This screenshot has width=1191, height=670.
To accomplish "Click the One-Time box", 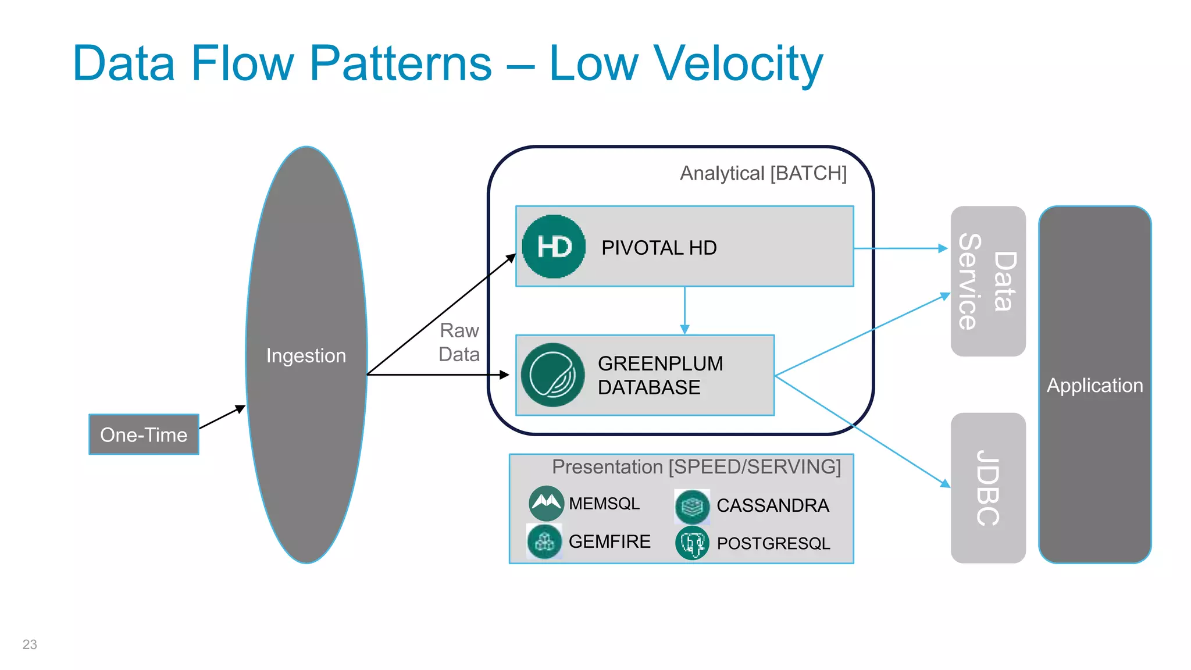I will point(144,434).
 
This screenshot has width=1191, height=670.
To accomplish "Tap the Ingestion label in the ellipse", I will point(306,355).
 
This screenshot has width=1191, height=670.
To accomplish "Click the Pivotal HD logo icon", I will point(554,247).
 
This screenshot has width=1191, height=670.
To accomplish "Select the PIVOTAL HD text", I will point(658,248).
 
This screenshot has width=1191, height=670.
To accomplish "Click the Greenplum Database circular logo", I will point(552,375).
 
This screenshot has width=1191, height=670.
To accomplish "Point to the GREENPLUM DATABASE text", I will point(660,375).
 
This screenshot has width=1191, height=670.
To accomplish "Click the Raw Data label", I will point(459,342).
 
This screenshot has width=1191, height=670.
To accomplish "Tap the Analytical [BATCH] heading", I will point(763,173).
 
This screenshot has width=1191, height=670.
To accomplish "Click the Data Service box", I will point(987,281).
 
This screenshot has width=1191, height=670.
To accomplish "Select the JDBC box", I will point(987,487).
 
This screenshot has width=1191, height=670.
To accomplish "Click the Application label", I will point(1094,386).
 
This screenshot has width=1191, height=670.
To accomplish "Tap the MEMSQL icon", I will point(546,503).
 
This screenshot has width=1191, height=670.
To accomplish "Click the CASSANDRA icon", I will point(692,506).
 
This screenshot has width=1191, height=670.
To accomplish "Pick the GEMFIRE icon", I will point(544,541).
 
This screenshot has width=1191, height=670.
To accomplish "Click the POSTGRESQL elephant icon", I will point(692,543).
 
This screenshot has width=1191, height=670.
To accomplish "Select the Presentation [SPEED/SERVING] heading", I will point(696,466).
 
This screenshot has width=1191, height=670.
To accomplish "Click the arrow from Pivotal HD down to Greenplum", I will point(684,311).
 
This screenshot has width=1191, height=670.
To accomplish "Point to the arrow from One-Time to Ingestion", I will point(222,417).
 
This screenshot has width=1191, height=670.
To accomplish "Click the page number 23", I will point(30,644).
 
